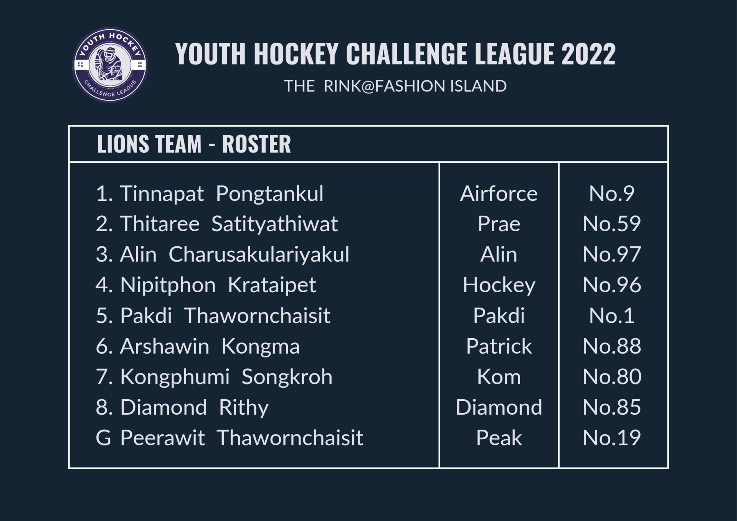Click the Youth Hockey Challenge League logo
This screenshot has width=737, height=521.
pos(110,65)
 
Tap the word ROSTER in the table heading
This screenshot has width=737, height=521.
pos(256,144)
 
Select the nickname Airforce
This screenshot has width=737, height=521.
pos(499,194)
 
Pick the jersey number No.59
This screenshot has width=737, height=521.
pos(612,224)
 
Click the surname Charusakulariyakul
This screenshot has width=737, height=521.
pos(259,255)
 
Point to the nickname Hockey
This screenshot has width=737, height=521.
pos(499,286)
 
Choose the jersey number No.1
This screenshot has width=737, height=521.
pos(612,316)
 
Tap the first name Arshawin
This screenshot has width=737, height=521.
pos(165,346)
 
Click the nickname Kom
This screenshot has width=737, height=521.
pos(499,377)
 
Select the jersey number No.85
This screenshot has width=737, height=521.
pos(612,407)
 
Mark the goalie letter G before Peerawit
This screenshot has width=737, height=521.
pos(103,438)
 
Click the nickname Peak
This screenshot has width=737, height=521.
pos(499,438)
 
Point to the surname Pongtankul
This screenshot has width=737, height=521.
pos(269,194)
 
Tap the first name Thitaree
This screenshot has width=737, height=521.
pos(160,224)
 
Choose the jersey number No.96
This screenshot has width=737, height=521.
pos(612,285)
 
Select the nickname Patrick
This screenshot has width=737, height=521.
pos(499,346)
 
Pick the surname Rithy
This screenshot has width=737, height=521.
pos(244,408)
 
